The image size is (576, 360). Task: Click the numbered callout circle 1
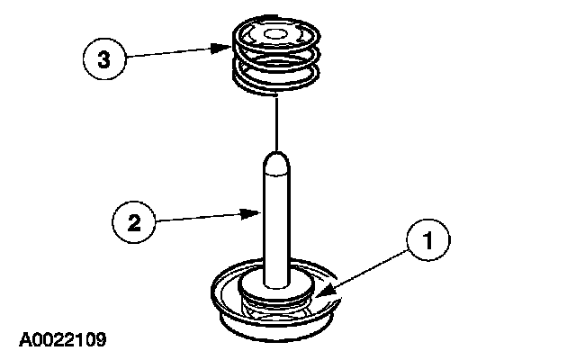pyautogui.click(x=429, y=240)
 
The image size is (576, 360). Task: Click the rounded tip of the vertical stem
pyautogui.click(x=276, y=162)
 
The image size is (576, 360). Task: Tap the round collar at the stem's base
pyautogui.click(x=277, y=289)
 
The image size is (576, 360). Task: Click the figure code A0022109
pyautogui.click(x=61, y=339)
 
